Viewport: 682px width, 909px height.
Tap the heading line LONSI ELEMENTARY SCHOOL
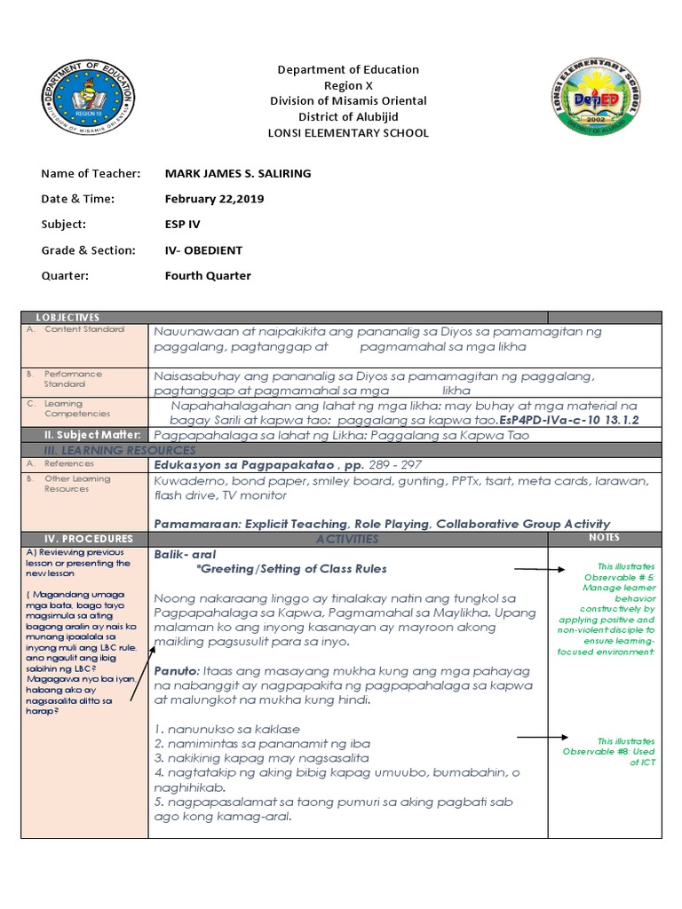coord(348,133)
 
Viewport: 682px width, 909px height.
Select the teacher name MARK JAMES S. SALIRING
coord(238,173)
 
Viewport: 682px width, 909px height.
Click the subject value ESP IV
coord(184,225)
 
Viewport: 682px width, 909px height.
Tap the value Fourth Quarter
coord(208,275)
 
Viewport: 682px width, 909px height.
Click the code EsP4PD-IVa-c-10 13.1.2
coord(569,418)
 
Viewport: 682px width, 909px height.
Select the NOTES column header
coord(604,537)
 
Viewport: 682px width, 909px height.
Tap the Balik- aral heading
coord(179,552)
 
